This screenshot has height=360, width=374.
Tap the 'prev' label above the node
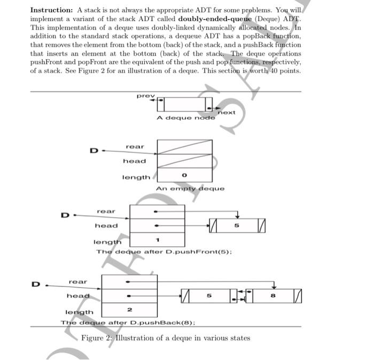tap(145, 96)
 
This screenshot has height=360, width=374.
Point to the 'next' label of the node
tap(227, 112)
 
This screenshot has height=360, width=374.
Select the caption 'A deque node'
tap(186, 118)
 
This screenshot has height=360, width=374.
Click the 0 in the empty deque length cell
tap(183, 175)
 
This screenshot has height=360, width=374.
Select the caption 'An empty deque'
tap(190, 189)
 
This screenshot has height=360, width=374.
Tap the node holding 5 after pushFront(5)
tap(237, 226)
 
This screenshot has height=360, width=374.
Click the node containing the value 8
tap(274, 294)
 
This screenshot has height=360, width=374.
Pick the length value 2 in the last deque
tap(129, 309)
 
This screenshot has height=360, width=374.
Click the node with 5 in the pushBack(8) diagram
tap(209, 294)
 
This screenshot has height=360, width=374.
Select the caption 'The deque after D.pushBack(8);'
tap(128, 323)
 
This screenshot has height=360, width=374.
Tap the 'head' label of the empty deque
tap(134, 161)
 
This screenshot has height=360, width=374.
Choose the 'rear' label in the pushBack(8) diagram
tap(77, 281)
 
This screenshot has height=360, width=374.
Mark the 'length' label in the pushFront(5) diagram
tap(107, 242)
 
